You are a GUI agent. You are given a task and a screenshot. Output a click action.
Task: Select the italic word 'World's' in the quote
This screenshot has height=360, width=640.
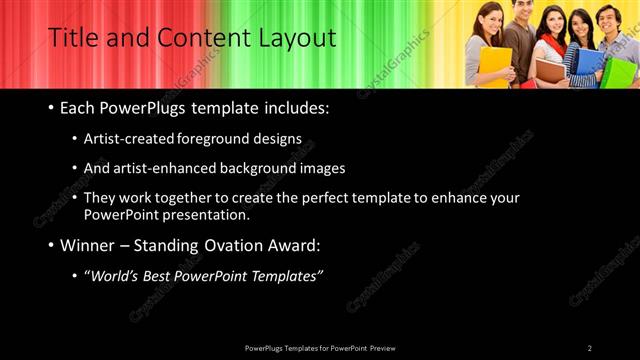pos(115,275)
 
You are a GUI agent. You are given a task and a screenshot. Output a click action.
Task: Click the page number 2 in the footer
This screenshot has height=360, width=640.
pos(590,348)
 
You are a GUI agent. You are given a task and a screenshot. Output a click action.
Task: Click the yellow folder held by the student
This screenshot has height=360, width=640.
pos(494,66)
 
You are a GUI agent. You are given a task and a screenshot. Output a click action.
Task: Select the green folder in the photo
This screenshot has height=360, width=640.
pos(620,72)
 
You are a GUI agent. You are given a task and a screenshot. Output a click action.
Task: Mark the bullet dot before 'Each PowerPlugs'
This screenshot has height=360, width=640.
pos(51,108)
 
